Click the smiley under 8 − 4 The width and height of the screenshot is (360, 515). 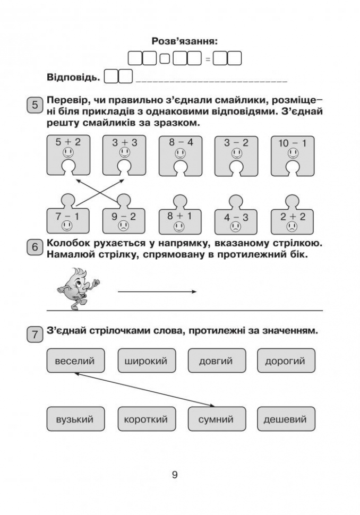coord(180,153)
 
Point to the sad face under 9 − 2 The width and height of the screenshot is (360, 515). coord(124,226)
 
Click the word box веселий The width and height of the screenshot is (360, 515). coord(75,360)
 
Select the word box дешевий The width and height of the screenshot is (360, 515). coord(286,419)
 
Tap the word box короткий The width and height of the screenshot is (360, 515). coord(147,419)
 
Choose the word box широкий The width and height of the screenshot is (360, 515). coord(147,360)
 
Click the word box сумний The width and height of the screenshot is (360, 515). coord(217,419)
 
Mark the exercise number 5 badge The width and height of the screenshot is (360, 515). coord(35,105)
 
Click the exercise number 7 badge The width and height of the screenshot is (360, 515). coord(35,334)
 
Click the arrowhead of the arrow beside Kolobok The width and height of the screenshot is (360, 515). coord(196,291)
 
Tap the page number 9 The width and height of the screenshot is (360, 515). coord(175,475)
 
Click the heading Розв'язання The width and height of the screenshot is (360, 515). coord(185,41)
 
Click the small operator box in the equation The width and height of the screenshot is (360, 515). coord(165,59)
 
